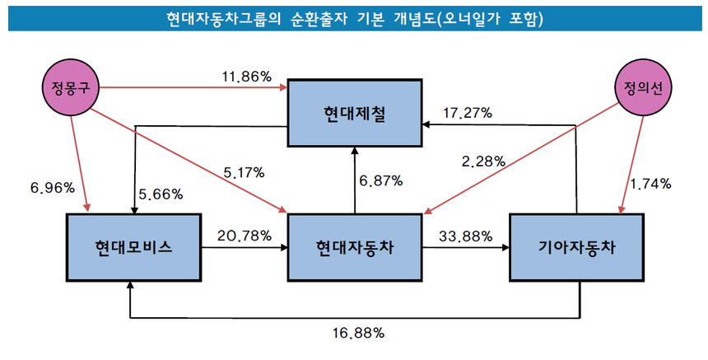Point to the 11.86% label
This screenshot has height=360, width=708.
tap(246, 77)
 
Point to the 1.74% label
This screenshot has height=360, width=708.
tap(650, 183)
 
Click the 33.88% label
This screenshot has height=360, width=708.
tap(465, 236)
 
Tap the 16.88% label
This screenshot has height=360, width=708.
tap(357, 333)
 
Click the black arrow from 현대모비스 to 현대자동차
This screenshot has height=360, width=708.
tap(245, 246)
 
